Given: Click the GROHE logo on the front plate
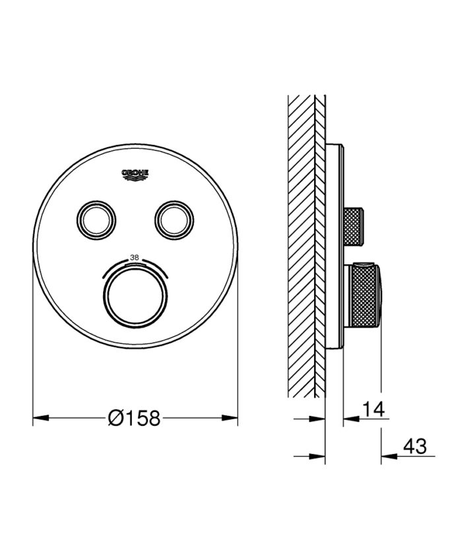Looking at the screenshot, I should tap(135, 174).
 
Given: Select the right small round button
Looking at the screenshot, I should tap(174, 218).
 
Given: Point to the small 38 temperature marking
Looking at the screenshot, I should tap(135, 258).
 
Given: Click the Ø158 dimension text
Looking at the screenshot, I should tap(135, 417).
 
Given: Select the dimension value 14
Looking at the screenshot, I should tap(373, 409).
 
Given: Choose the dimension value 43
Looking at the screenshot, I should tap(414, 447).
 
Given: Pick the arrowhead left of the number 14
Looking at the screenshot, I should tap(350, 418).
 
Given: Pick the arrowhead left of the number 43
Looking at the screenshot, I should tap(388, 455).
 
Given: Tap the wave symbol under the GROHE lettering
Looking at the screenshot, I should tap(135, 178).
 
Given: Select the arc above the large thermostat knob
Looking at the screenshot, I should tap(135, 264).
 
